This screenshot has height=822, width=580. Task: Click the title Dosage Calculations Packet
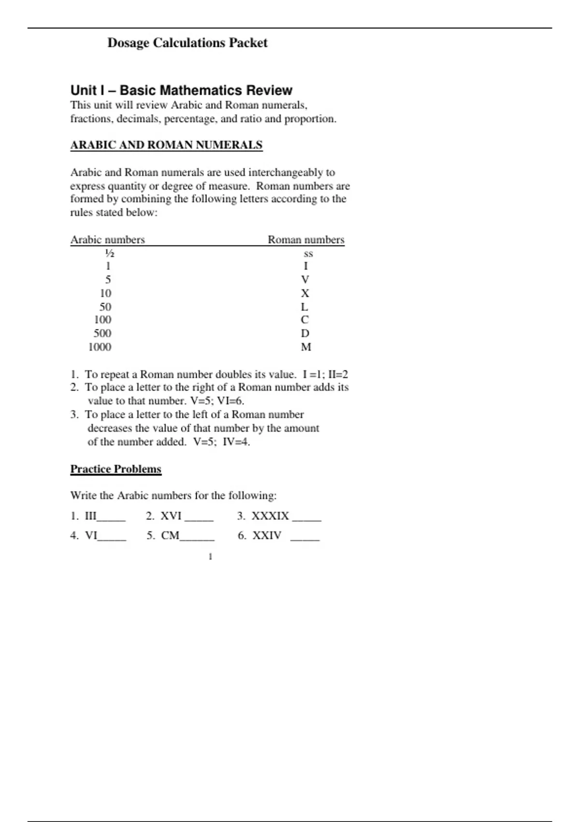(x=187, y=43)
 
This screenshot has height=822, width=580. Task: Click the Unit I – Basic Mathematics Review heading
(x=181, y=90)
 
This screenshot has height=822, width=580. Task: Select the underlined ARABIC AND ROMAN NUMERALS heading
(x=166, y=145)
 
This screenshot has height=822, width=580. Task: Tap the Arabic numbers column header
(x=107, y=240)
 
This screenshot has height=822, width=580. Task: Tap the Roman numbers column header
(x=306, y=240)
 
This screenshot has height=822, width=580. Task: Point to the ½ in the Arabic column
(x=110, y=253)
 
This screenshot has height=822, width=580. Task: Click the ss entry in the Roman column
(x=308, y=253)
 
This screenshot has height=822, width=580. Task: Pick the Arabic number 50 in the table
(x=105, y=307)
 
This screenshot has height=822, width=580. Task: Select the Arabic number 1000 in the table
(x=100, y=347)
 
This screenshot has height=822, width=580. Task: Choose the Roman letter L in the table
(x=304, y=307)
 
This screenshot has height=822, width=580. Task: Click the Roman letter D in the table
(x=305, y=334)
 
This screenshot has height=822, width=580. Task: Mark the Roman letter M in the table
(x=306, y=347)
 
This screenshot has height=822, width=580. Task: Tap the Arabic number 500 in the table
(x=102, y=334)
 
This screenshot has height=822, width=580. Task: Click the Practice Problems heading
(x=116, y=469)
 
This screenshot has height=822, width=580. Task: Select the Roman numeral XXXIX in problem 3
(x=270, y=516)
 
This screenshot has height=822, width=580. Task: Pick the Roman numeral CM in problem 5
(x=170, y=536)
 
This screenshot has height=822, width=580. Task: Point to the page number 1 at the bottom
(x=210, y=557)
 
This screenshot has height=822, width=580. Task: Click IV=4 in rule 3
(x=236, y=442)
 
